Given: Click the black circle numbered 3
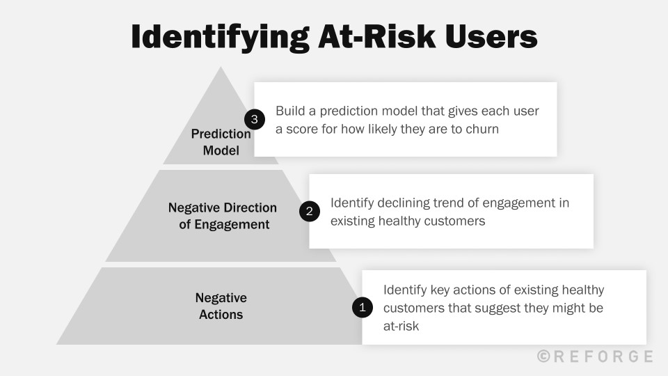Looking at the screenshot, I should coord(254,120).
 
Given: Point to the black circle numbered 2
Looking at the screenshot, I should coord(309,211).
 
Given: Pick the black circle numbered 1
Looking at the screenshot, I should coord(362,307).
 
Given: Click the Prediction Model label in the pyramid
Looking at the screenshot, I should coord(221,142).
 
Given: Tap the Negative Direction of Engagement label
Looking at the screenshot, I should coord(223,216).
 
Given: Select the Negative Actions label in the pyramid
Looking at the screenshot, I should coord(221,306).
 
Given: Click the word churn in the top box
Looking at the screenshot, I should coord(482,129).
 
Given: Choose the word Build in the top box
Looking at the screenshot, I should coord(290,111).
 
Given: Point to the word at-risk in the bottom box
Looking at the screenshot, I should coord(401,325).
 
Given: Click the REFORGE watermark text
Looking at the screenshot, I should coord(603,357).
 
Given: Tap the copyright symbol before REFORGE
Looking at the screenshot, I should coord(544,357).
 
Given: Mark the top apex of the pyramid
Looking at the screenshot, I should coord(221,68).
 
